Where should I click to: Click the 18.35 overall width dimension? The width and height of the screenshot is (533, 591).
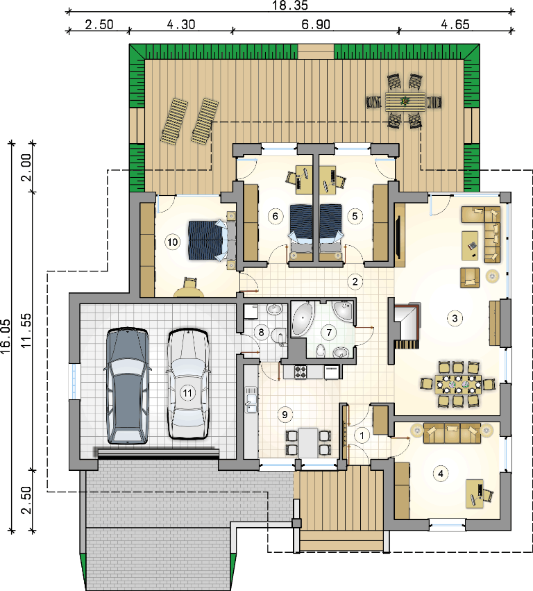tap(290, 6)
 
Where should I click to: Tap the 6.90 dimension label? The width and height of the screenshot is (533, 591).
tap(316, 24)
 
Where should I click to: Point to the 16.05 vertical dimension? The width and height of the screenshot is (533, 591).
tap(6, 337)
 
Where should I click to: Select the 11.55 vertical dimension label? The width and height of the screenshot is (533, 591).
tap(26, 331)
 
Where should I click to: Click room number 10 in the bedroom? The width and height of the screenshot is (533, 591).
tap(173, 242)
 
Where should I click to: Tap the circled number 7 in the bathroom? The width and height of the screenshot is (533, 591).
tap(329, 333)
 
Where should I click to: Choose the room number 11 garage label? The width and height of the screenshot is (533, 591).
tap(187, 393)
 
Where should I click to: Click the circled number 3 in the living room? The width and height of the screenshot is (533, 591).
tap(455, 318)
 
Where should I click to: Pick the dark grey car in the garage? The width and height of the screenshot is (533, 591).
tap(127, 385)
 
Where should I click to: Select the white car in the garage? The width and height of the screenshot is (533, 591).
tap(188, 385)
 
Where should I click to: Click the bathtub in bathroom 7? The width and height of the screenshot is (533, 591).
tap(303, 319)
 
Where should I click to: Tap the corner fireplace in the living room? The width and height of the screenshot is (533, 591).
tap(406, 324)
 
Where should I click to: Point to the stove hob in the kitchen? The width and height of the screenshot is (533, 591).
tap(301, 372)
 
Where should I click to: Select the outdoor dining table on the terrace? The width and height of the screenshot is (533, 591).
tap(405, 102)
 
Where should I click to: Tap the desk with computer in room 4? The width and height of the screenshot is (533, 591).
tap(475, 493)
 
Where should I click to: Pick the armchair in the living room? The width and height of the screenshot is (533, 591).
tap(470, 278)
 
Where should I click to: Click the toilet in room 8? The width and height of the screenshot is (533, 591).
tap(279, 336)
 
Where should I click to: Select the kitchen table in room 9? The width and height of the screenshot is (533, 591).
tap(309, 442)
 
